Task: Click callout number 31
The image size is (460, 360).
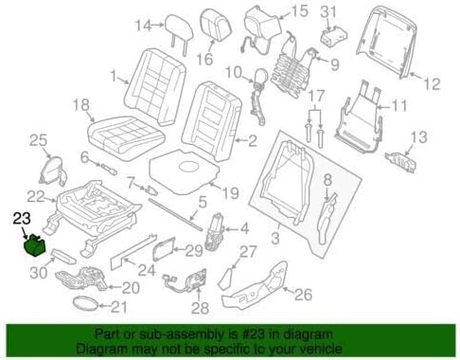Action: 328,11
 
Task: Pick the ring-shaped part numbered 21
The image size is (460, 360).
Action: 86,304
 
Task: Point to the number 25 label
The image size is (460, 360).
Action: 37,141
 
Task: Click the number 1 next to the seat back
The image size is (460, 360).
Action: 114,76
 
